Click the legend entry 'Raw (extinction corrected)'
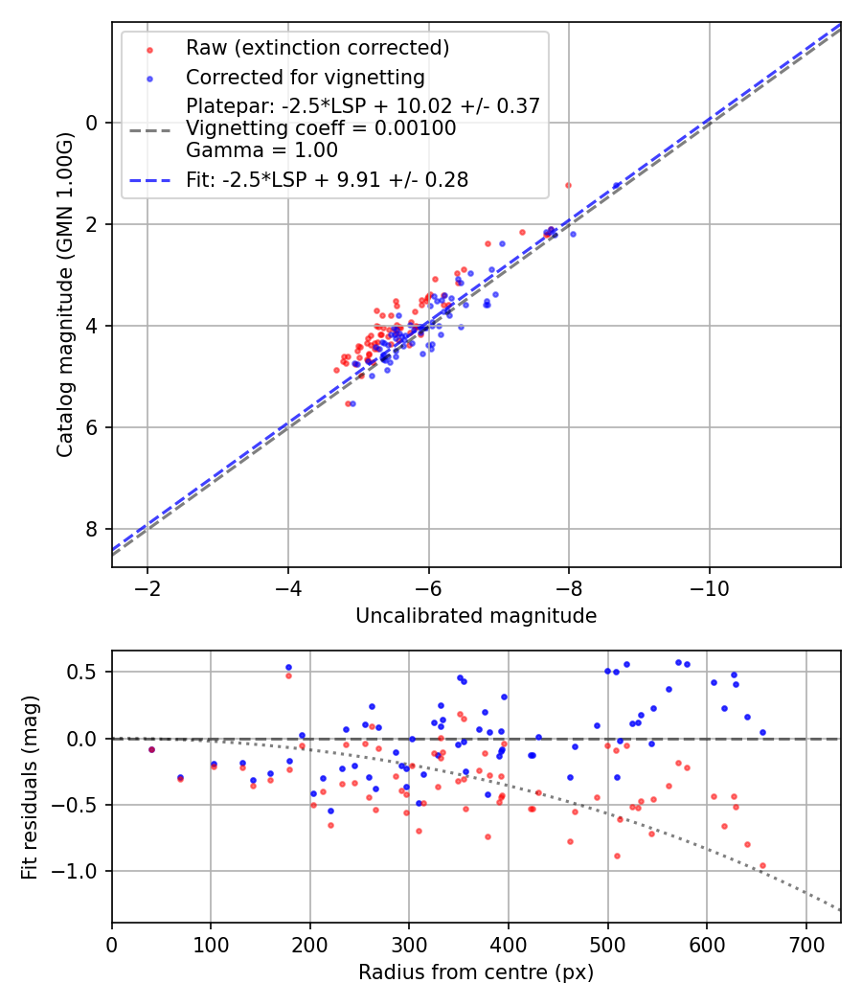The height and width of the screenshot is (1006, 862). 317,48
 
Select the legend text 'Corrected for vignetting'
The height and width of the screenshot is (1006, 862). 305,77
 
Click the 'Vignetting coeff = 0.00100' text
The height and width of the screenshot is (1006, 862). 321,128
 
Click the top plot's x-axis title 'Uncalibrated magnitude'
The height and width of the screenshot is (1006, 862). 476,616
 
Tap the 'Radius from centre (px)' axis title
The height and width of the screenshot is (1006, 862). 476,972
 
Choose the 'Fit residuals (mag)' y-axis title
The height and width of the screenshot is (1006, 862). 30,787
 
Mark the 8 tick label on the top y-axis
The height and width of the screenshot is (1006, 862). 93,530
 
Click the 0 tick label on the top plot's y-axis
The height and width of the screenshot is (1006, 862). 93,123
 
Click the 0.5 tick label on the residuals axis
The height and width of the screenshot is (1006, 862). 84,673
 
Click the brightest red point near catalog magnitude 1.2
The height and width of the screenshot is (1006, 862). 568,185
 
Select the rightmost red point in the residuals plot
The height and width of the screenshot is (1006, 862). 762,865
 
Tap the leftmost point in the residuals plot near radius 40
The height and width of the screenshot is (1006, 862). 151,749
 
